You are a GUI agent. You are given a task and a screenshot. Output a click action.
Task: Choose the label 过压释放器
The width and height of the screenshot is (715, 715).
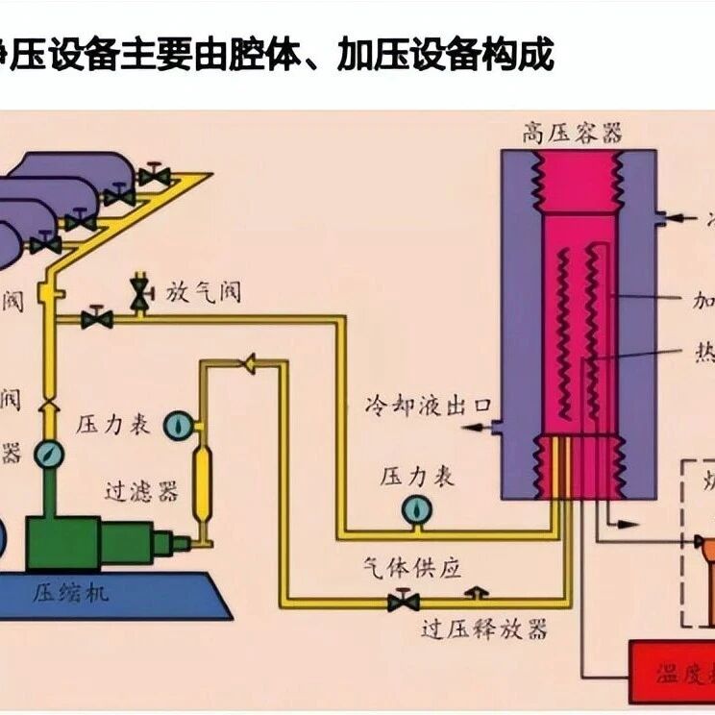click(x=484, y=629)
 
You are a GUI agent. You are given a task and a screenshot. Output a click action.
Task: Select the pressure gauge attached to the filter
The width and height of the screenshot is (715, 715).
click(x=179, y=424)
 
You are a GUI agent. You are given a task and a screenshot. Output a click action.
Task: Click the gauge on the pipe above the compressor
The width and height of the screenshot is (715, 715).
click(x=47, y=454)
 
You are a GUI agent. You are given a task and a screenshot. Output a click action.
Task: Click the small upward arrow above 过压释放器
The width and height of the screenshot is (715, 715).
click(x=470, y=594)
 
